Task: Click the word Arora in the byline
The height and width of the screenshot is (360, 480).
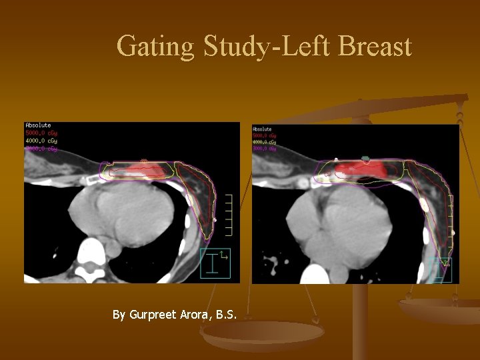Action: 196,314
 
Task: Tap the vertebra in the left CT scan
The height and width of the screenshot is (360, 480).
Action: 92,256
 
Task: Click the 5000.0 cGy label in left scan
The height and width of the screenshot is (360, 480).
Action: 41,133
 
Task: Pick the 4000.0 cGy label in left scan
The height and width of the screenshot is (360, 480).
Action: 41,141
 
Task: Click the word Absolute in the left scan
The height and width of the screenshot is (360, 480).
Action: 38,125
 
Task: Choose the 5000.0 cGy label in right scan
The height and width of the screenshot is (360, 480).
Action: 265,136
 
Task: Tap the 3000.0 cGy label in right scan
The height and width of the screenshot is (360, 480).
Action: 265,149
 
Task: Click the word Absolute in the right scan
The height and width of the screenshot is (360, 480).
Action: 263,129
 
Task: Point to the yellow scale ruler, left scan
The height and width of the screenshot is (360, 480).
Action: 229,215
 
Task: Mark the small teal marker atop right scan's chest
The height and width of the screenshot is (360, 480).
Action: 365,158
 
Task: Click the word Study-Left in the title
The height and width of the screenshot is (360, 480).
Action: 267,47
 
